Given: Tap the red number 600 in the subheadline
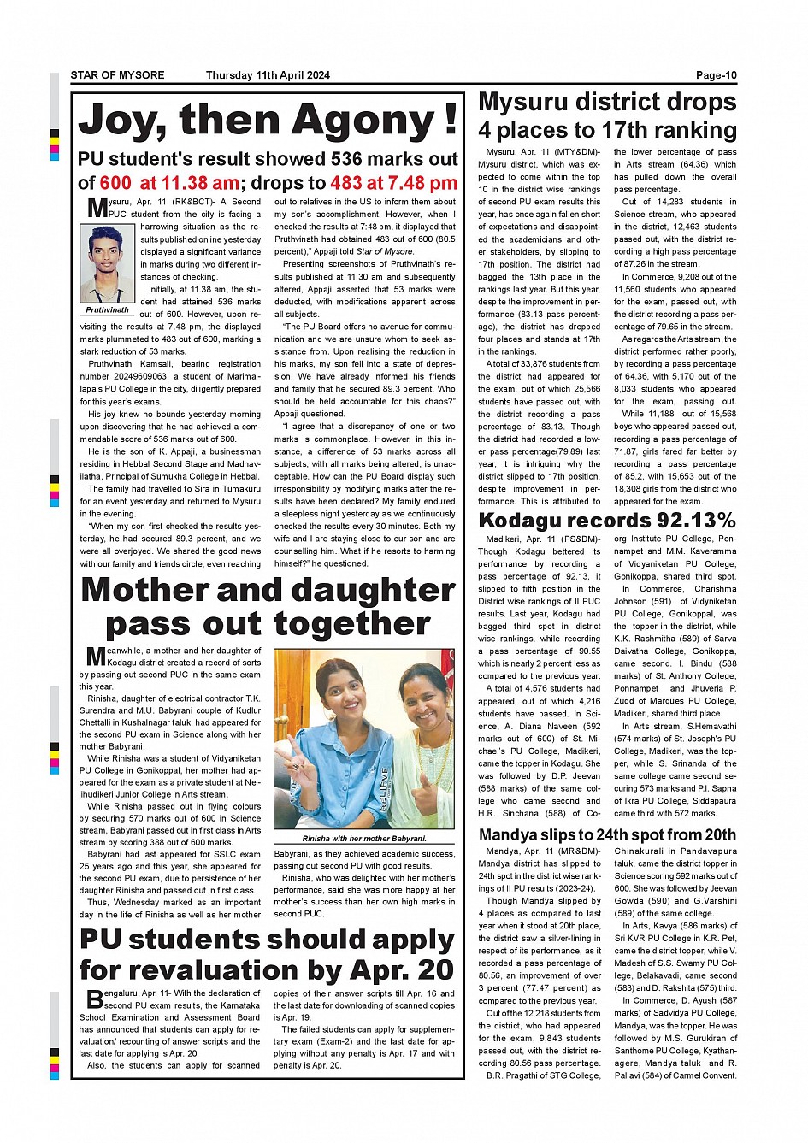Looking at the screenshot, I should tap(115, 183).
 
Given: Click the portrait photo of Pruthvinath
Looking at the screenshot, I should tap(108, 263).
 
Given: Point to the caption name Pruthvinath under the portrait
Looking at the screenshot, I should tap(108, 309).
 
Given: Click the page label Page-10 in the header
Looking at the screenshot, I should tap(716, 75).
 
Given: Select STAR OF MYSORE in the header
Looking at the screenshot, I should tap(117, 75).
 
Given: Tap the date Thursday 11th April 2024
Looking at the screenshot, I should tap(268, 75).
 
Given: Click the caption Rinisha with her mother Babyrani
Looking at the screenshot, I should tap(364, 839).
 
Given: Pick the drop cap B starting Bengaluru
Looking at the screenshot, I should tap(94, 999).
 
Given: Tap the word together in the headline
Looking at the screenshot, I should tap(352, 625).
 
